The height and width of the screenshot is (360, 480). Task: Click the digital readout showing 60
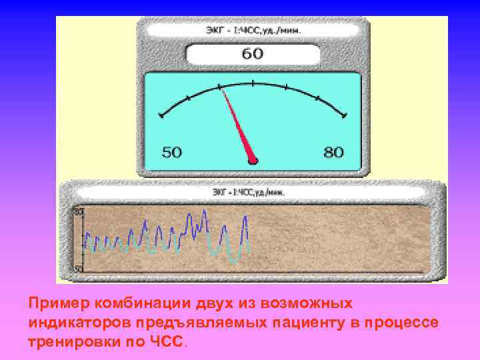(252, 54)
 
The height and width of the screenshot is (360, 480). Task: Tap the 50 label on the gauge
(171, 153)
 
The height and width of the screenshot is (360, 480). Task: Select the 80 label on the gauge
(333, 153)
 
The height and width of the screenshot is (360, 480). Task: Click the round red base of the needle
(252, 160)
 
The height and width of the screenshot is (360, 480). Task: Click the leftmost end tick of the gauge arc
(161, 116)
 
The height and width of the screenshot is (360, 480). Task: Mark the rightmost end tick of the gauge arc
(344, 116)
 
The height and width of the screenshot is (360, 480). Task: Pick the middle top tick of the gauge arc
(253, 83)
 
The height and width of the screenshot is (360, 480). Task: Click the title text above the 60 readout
(252, 31)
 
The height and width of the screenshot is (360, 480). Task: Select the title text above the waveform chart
(249, 193)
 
